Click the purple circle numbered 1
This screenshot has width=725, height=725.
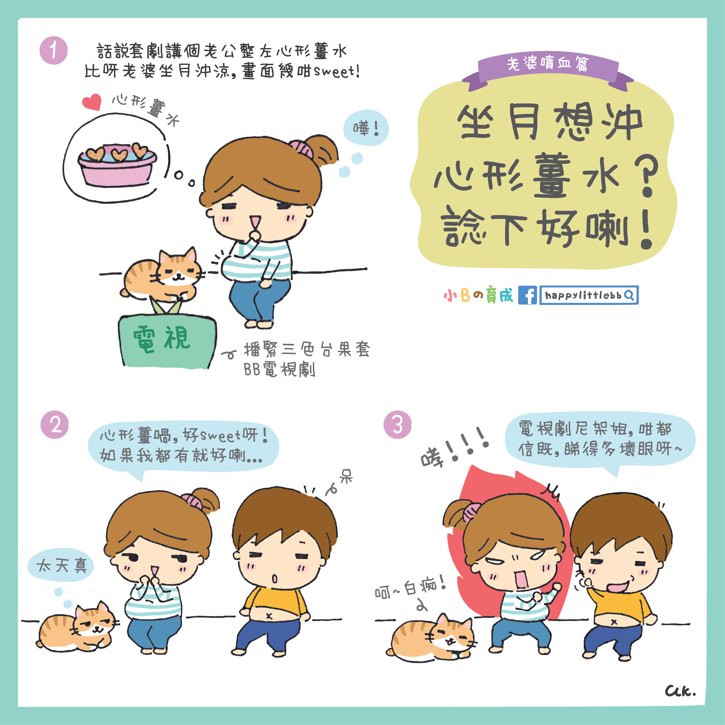tap(54, 50)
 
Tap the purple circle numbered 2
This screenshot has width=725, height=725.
tap(55, 425)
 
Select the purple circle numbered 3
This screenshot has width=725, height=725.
tap(397, 425)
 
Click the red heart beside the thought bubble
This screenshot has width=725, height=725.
tap(92, 102)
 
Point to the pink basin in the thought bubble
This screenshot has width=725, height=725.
tap(117, 165)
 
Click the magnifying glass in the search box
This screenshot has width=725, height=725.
tap(629, 295)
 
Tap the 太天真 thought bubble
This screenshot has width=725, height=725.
tap(61, 566)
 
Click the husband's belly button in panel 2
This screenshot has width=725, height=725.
tap(269, 616)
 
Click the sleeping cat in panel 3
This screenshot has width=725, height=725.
tap(431, 638)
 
